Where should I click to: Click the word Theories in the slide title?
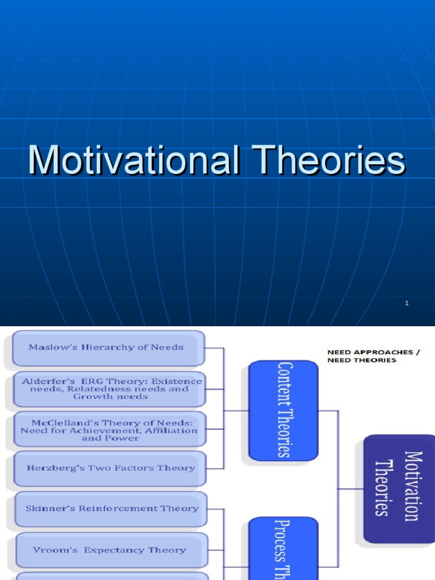click(x=331, y=160)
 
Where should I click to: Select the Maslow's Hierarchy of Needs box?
click(x=108, y=347)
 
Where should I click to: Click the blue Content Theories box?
click(x=283, y=411)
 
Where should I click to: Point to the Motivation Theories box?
click(x=399, y=488)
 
